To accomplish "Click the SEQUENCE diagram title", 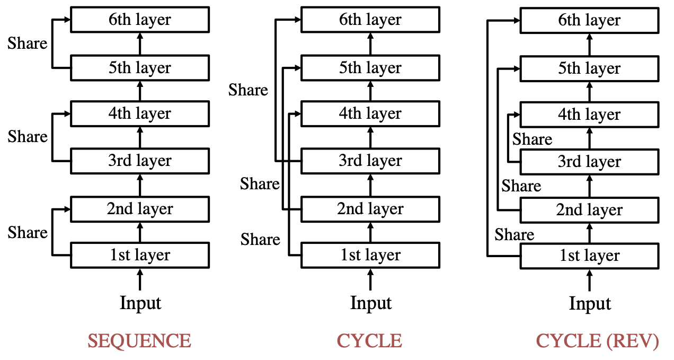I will click(x=139, y=341).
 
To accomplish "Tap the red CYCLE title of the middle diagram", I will click(x=369, y=341).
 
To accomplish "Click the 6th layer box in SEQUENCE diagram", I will click(x=140, y=20).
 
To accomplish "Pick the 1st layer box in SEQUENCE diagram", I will click(x=140, y=255).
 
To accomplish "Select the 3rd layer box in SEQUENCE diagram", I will click(x=140, y=161).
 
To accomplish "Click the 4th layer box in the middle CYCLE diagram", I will click(x=370, y=114).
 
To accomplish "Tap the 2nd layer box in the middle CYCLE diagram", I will click(x=370, y=209).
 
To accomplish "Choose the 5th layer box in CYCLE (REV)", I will click(x=590, y=69).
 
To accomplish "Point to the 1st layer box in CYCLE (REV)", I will click(x=590, y=256).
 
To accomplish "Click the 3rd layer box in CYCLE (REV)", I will click(x=590, y=162).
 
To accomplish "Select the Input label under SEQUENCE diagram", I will click(x=140, y=303).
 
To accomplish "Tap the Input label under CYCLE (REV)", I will click(x=590, y=304).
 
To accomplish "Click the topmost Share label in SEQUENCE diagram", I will click(x=27, y=43).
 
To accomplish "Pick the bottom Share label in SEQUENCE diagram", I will click(x=27, y=232).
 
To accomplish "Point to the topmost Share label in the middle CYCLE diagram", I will click(x=248, y=90).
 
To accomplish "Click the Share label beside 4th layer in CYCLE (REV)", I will click(x=532, y=139).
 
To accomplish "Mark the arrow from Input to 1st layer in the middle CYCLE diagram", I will click(x=370, y=279).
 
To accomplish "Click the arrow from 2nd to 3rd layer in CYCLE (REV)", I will click(x=590, y=186).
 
